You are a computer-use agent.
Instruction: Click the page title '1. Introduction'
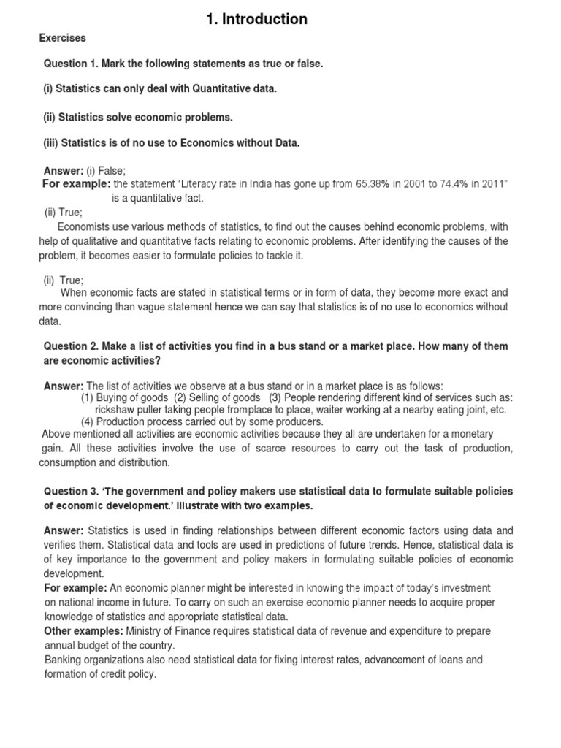click(x=256, y=20)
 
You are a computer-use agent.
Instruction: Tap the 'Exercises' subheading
click(x=62, y=37)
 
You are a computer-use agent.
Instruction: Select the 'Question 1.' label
click(x=72, y=64)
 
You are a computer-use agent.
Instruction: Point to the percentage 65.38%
click(x=373, y=183)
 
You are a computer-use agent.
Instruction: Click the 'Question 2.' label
click(x=72, y=346)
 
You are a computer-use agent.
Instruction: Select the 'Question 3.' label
click(x=72, y=492)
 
